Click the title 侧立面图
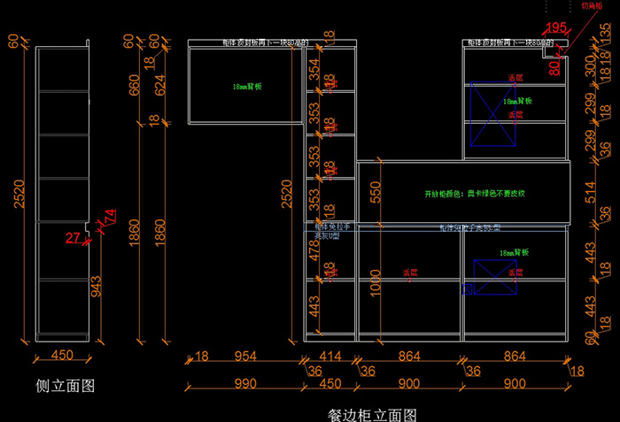tap(65, 386)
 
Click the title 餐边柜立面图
tap(372, 414)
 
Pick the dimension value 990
tap(245, 383)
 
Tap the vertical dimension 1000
tap(376, 281)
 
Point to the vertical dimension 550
tap(376, 192)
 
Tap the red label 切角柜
tap(593, 5)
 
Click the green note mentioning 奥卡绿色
tap(476, 193)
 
